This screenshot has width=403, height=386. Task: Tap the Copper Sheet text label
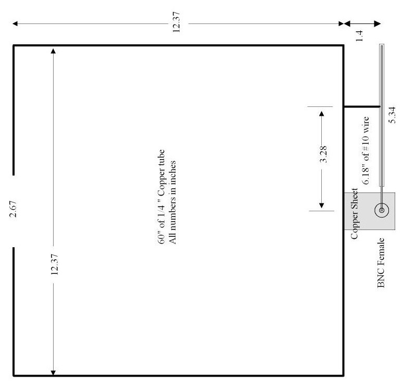pos(354,214)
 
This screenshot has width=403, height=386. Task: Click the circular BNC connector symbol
pos(382,210)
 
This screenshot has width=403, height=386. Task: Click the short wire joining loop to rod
pos(361,107)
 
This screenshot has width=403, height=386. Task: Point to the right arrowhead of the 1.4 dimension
pos(378,24)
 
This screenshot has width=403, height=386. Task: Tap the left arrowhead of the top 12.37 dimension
pos(16,24)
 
